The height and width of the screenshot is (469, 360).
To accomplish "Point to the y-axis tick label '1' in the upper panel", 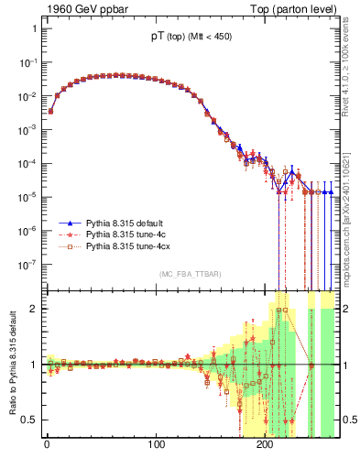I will coord(34,28).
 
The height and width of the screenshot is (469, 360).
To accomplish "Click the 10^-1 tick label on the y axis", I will coord(27,62).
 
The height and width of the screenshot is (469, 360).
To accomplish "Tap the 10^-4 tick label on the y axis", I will coord(27,163).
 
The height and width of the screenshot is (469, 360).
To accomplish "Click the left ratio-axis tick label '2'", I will coord(34,309).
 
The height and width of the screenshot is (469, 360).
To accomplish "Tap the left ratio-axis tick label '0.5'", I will coord(30,420).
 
